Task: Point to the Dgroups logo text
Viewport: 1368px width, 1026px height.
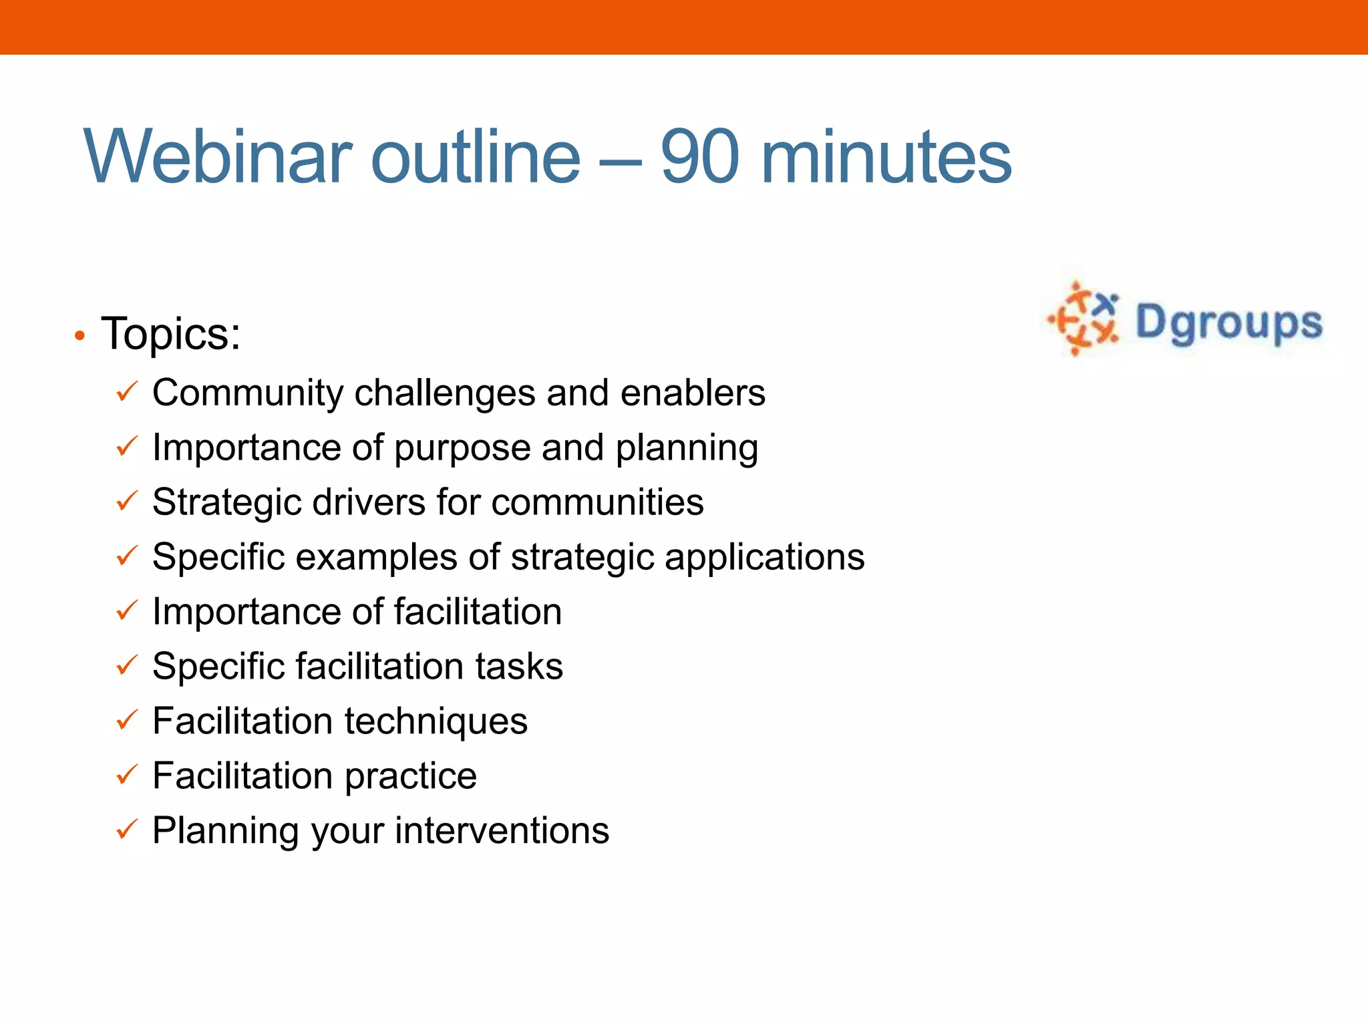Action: pyautogui.click(x=1228, y=323)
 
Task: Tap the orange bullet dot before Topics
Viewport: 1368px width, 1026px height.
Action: pyautogui.click(x=79, y=336)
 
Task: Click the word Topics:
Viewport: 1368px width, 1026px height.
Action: pyautogui.click(x=171, y=333)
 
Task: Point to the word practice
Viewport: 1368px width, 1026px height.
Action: pyautogui.click(x=411, y=777)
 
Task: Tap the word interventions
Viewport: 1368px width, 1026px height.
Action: pyautogui.click(x=502, y=831)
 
